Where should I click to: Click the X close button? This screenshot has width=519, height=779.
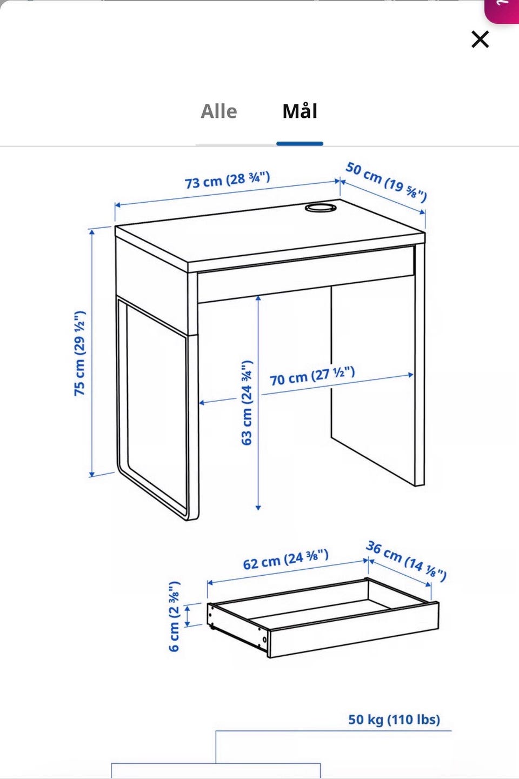(x=480, y=39)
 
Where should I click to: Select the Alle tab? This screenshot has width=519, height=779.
(x=219, y=112)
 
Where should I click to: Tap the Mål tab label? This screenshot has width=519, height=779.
(x=300, y=111)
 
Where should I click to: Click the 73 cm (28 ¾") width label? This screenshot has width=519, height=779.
(x=227, y=180)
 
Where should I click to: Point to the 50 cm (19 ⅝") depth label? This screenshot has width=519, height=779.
(x=386, y=182)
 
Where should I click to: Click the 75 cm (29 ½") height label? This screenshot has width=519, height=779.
(x=79, y=353)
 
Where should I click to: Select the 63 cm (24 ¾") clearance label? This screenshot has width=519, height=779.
(x=247, y=402)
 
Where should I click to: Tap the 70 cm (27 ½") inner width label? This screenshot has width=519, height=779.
(x=312, y=376)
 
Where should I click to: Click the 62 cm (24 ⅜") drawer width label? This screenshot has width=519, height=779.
(x=285, y=560)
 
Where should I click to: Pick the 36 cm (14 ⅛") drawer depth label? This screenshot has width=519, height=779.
(x=406, y=561)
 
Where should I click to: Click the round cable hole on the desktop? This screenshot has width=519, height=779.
(x=321, y=208)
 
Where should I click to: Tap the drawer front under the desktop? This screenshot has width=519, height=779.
(x=306, y=274)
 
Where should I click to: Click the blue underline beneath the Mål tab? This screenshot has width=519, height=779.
(x=300, y=144)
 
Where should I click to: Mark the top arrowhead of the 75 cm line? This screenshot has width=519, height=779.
(x=92, y=232)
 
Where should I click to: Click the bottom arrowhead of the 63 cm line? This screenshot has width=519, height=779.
(x=258, y=508)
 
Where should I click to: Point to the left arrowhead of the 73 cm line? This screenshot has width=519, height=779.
(x=117, y=205)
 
